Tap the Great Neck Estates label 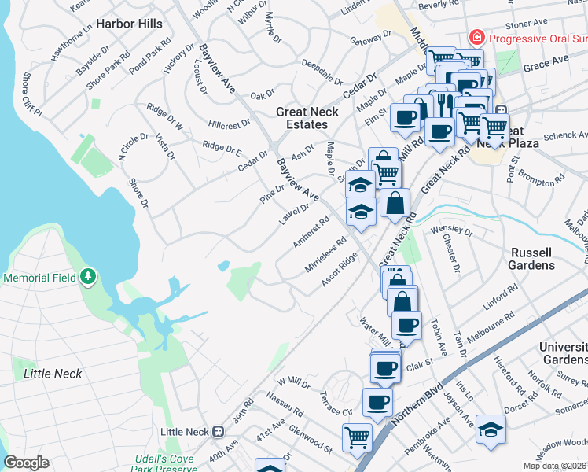point(307,118)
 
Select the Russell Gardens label point(543,259)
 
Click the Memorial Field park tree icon point(89,277)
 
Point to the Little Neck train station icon point(218,432)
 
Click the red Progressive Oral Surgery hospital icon point(476,37)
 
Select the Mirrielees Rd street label point(325,256)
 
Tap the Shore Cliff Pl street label point(31,94)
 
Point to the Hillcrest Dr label point(230,124)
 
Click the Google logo point(26,463)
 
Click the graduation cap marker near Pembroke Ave point(491,428)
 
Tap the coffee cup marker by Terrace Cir point(377,402)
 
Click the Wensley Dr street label point(451,230)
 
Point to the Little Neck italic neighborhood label point(53,373)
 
